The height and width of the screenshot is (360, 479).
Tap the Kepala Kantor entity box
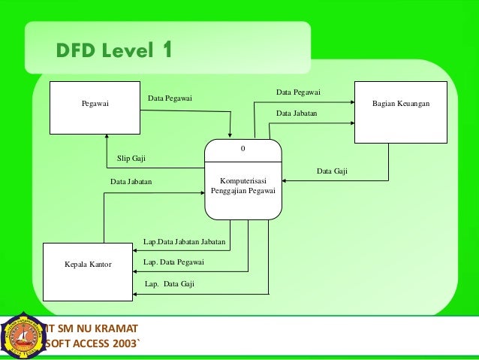click(88, 265)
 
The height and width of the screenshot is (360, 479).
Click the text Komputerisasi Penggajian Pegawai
click(243, 186)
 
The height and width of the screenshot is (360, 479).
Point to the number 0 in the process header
click(243, 149)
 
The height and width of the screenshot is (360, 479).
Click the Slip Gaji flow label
click(131, 159)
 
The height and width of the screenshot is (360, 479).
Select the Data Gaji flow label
click(331, 171)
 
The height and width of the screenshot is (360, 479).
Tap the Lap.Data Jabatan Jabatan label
click(184, 241)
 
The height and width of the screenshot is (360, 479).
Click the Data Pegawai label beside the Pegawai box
click(170, 98)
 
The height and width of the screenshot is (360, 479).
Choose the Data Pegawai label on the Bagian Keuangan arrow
click(298, 92)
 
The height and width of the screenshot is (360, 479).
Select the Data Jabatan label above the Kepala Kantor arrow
click(131, 181)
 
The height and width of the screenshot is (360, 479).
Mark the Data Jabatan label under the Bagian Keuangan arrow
click(297, 113)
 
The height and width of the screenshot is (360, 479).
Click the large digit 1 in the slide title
click(166, 50)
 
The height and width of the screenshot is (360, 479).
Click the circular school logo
click(23, 336)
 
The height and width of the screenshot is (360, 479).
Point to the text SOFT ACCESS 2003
click(92, 345)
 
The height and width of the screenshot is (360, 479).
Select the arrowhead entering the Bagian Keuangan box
click(351, 99)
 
